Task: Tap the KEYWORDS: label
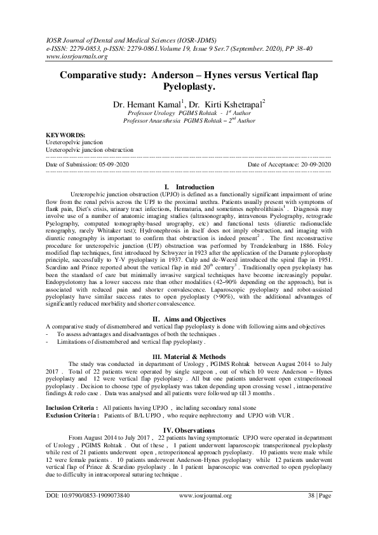point(66,135)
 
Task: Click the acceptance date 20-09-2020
point(314,164)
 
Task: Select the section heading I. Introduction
point(189,187)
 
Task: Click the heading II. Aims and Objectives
point(189,318)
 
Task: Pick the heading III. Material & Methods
point(189,357)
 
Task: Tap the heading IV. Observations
point(189,430)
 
